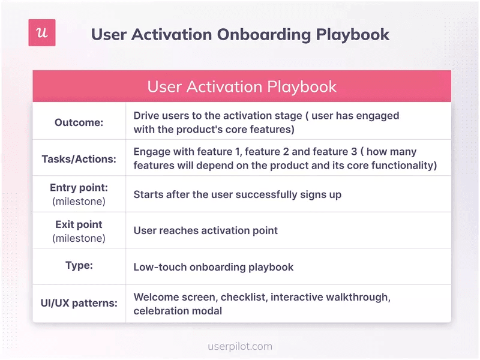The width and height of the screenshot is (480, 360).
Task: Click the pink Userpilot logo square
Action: coord(42,33)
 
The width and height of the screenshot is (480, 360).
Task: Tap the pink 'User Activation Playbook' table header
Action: coord(242,86)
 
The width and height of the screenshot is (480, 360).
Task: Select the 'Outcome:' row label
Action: coord(79,122)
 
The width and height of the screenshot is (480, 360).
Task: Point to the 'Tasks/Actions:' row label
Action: coord(79,159)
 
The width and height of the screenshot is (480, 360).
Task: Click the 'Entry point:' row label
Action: coord(79,188)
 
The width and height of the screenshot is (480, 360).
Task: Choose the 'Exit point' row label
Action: coord(79,224)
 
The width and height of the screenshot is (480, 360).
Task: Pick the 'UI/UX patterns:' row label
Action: coord(79,303)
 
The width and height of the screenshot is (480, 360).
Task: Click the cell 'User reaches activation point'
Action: coord(205,230)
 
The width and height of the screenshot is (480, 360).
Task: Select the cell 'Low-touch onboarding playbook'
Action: coord(213,267)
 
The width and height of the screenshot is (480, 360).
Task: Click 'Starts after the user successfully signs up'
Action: coord(237,194)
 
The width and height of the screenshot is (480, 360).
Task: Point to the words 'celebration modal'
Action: coord(178,311)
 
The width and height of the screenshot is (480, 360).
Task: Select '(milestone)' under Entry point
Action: coord(79,201)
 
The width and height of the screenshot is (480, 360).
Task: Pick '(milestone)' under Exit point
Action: coord(79,238)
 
